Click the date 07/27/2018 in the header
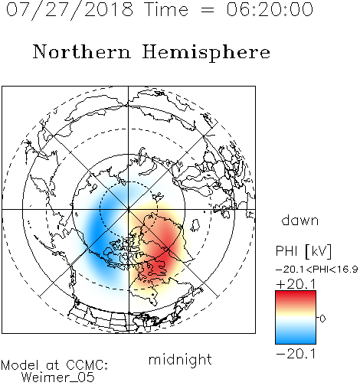coord(70,9)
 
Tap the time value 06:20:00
coord(270,9)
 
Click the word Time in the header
coord(166,9)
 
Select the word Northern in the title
coord(82,51)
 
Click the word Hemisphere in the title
coord(206,52)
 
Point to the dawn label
coord(299,220)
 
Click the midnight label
coord(180,359)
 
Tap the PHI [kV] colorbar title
coord(303,251)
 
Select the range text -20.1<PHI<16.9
coord(317,270)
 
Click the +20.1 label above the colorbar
coord(296,284)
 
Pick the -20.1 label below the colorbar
coord(296,354)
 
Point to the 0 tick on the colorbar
coord(322,319)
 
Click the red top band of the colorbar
coord(296,296)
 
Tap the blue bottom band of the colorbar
coord(296,338)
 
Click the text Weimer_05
coord(58,377)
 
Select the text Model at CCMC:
coord(54,365)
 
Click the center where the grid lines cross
coord(129,209)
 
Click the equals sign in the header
coord(208,10)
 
